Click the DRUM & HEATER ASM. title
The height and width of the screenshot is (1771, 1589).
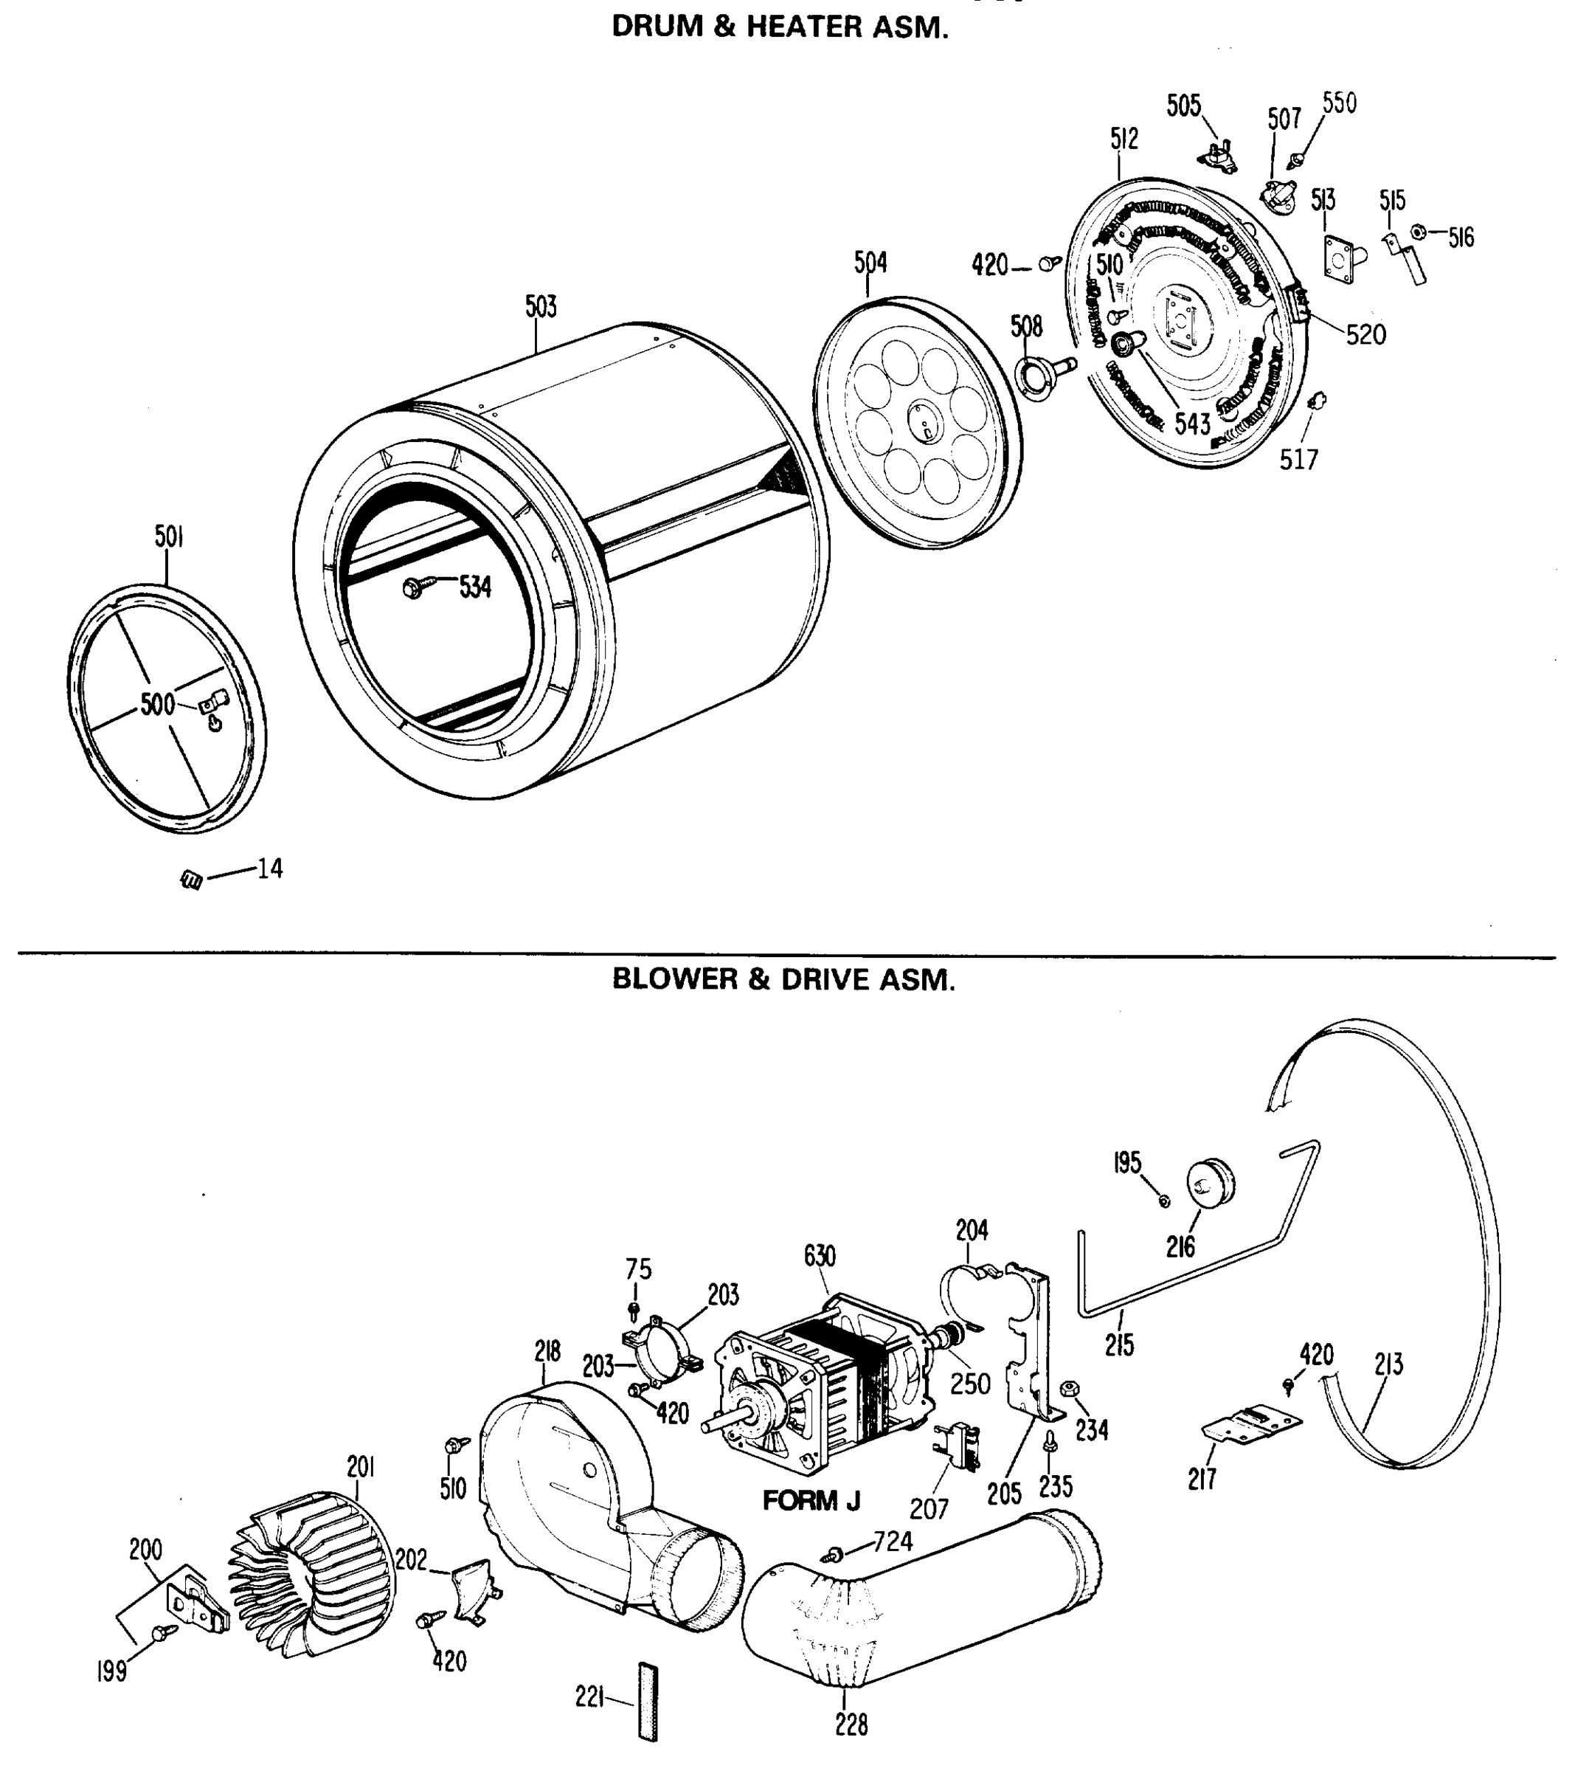click(779, 27)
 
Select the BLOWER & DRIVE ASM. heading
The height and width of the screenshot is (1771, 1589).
click(783, 980)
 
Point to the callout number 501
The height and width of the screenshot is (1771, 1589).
click(168, 536)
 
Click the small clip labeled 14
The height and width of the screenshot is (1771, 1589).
click(191, 880)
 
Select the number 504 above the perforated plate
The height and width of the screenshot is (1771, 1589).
click(870, 262)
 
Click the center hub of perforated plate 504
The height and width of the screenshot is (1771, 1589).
click(924, 420)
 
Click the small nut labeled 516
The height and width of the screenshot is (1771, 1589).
click(1419, 232)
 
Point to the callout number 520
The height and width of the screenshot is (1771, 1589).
click(1365, 334)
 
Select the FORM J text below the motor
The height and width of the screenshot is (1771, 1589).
click(811, 1500)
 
